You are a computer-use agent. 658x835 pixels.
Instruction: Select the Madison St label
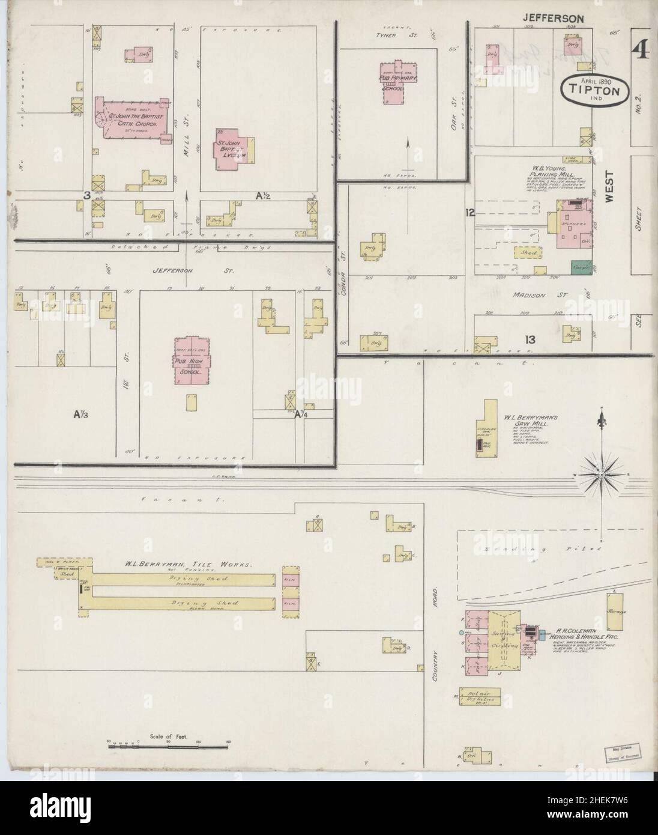[530, 295]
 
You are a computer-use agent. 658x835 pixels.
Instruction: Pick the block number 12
[469, 212]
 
